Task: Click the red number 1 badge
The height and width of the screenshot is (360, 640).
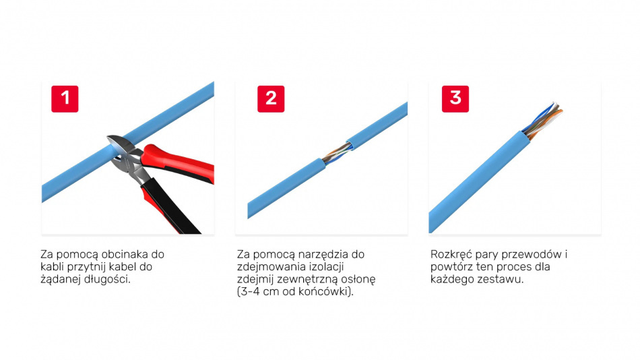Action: pos(65,99)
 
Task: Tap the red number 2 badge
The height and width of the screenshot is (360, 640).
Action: pos(271,99)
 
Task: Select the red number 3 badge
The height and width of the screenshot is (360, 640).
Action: pos(455,99)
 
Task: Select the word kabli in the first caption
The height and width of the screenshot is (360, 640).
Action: pos(52,267)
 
